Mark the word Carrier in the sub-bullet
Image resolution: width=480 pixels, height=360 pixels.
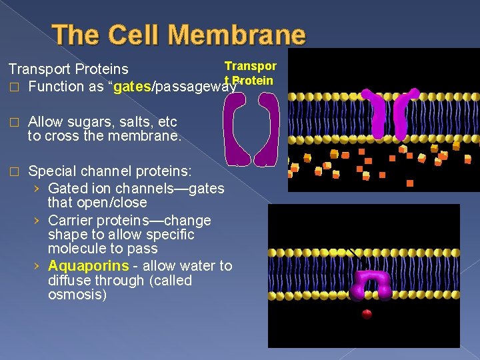73,220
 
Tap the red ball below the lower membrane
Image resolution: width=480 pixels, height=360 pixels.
366,314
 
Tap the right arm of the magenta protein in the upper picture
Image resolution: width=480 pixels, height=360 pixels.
402,113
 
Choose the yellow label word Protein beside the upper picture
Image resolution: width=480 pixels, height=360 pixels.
255,81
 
